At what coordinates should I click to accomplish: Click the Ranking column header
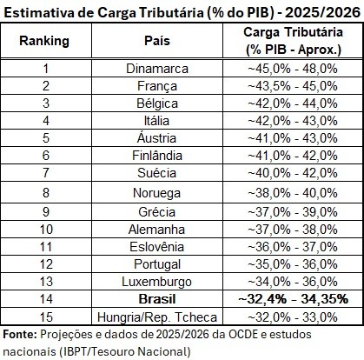point(44,41)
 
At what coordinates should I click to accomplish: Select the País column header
point(157,41)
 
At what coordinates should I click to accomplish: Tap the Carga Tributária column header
point(293,41)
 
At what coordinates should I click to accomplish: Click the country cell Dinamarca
point(157,69)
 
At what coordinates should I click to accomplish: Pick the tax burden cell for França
point(293,86)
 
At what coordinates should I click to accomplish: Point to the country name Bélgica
point(157,103)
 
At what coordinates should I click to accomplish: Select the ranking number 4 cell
point(46,121)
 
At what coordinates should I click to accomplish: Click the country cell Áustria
point(156,137)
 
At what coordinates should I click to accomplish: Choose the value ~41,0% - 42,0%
point(293,156)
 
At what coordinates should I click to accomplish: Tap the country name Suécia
point(156,173)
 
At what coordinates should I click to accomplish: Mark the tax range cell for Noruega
point(293,193)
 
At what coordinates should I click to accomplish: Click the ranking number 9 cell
point(46,212)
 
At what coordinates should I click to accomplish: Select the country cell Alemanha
point(156,230)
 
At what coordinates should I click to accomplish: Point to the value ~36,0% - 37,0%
point(293,247)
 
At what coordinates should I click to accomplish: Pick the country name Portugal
point(157,264)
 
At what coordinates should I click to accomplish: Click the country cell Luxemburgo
point(156,282)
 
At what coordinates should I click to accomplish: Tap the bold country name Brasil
point(157,299)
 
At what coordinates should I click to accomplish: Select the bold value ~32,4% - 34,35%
point(293,299)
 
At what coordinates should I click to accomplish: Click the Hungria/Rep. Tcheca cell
point(157,317)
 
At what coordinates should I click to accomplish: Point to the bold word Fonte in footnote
point(20,335)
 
